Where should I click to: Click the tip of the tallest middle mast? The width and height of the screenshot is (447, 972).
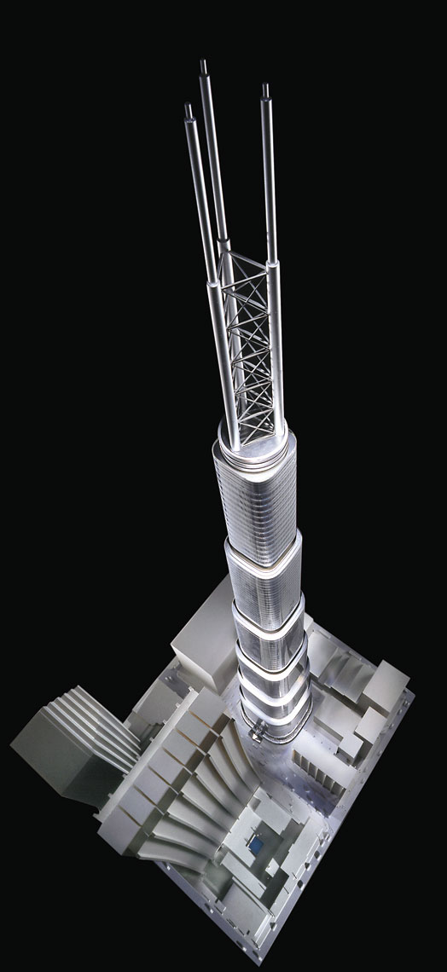(x=204, y=62)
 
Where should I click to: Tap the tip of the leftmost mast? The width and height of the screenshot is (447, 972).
(x=188, y=107)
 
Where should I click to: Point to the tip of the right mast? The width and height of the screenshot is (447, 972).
(x=265, y=86)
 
